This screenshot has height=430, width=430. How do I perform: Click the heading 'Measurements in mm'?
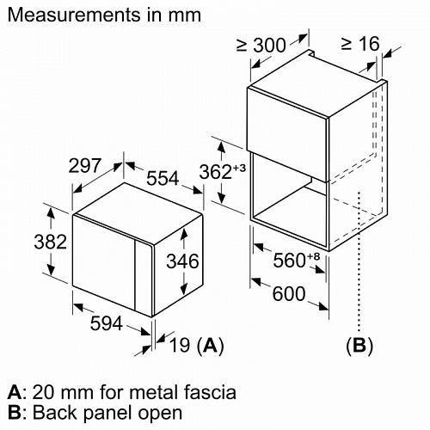[104, 15]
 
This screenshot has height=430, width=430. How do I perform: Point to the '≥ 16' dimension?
[359, 43]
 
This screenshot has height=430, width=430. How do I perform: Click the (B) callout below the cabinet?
[359, 346]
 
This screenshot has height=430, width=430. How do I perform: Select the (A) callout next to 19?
[211, 346]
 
